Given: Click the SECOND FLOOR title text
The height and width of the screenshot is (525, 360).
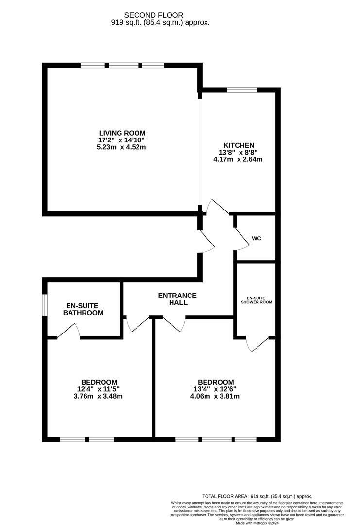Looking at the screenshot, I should click(x=154, y=15).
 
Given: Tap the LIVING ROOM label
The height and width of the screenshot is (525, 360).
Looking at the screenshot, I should click(x=122, y=133).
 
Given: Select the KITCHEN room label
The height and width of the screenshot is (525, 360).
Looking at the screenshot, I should click(x=239, y=145).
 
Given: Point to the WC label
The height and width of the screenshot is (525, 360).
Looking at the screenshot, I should click(x=257, y=239).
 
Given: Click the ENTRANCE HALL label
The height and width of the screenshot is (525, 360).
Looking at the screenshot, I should click(x=177, y=299).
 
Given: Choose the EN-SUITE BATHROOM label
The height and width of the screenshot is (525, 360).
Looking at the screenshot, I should click(x=83, y=309).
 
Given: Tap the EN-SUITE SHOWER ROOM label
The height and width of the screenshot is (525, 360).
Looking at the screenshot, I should click(x=256, y=299).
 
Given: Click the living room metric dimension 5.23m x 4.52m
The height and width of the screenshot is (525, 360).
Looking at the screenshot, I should click(x=122, y=147).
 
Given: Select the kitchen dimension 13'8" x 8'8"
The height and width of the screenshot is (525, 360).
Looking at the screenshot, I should click(x=239, y=152).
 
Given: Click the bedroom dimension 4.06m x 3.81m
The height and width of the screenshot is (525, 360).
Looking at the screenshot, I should click(x=216, y=396).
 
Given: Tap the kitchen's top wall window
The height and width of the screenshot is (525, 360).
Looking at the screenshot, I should click(x=241, y=89).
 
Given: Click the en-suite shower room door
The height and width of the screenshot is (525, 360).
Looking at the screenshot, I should click(x=257, y=343).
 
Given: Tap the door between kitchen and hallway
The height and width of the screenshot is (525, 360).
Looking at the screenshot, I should click(x=217, y=207).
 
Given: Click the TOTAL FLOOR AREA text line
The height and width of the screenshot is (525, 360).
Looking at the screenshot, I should click(x=257, y=496).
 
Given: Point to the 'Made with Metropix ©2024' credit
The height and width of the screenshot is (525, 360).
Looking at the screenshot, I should click(x=257, y=523).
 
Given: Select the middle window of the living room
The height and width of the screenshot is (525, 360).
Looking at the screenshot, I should click(x=123, y=65).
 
